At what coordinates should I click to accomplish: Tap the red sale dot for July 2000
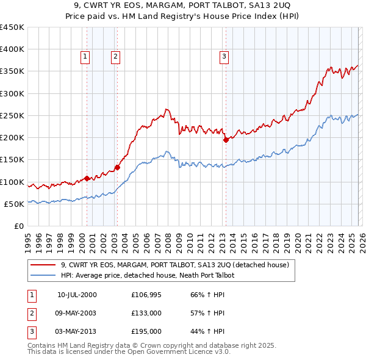[87, 178]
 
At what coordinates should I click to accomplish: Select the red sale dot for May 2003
[117, 167]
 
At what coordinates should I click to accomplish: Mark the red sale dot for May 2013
[225, 140]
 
